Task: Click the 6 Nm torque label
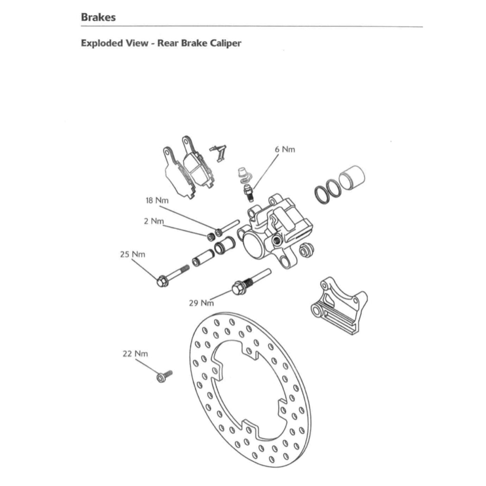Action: [x=285, y=150]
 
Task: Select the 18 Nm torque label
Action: [x=157, y=200]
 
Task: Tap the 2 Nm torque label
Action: [x=154, y=222]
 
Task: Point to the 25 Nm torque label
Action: [x=132, y=254]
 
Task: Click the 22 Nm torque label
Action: [x=135, y=354]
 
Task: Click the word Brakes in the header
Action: [x=98, y=18]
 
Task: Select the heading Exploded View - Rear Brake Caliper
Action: [x=161, y=43]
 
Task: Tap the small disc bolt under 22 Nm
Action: [x=164, y=376]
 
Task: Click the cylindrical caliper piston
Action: [x=353, y=177]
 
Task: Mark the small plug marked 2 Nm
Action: [x=210, y=236]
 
